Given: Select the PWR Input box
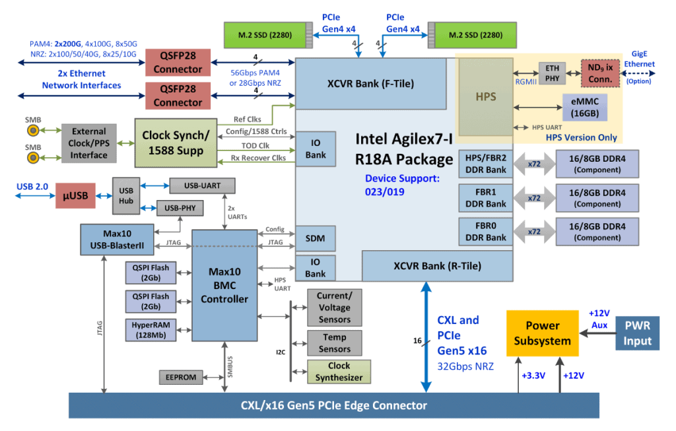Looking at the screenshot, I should pyautogui.click(x=637, y=333).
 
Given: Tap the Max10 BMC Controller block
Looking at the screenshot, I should pyautogui.click(x=224, y=284).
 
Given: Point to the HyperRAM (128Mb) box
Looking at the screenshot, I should pyautogui.click(x=151, y=330).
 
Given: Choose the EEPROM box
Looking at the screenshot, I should pyautogui.click(x=180, y=377).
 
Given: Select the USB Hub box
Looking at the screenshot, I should pyautogui.click(x=125, y=195).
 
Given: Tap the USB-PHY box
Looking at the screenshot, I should pyautogui.click(x=180, y=209).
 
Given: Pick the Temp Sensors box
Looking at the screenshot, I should pyautogui.click(x=335, y=343).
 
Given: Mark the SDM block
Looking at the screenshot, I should pyautogui.click(x=315, y=237).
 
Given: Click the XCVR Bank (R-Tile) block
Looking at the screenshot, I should pyautogui.click(x=437, y=266).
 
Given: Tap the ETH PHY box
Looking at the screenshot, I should pyautogui.click(x=552, y=73).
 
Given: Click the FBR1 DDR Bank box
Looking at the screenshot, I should pyautogui.click(x=486, y=197).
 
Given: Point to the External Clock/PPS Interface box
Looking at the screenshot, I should pyautogui.click(x=89, y=143).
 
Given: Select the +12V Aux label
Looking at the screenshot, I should pyautogui.click(x=600, y=320).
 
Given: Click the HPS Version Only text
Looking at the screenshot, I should pyautogui.click(x=581, y=137).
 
